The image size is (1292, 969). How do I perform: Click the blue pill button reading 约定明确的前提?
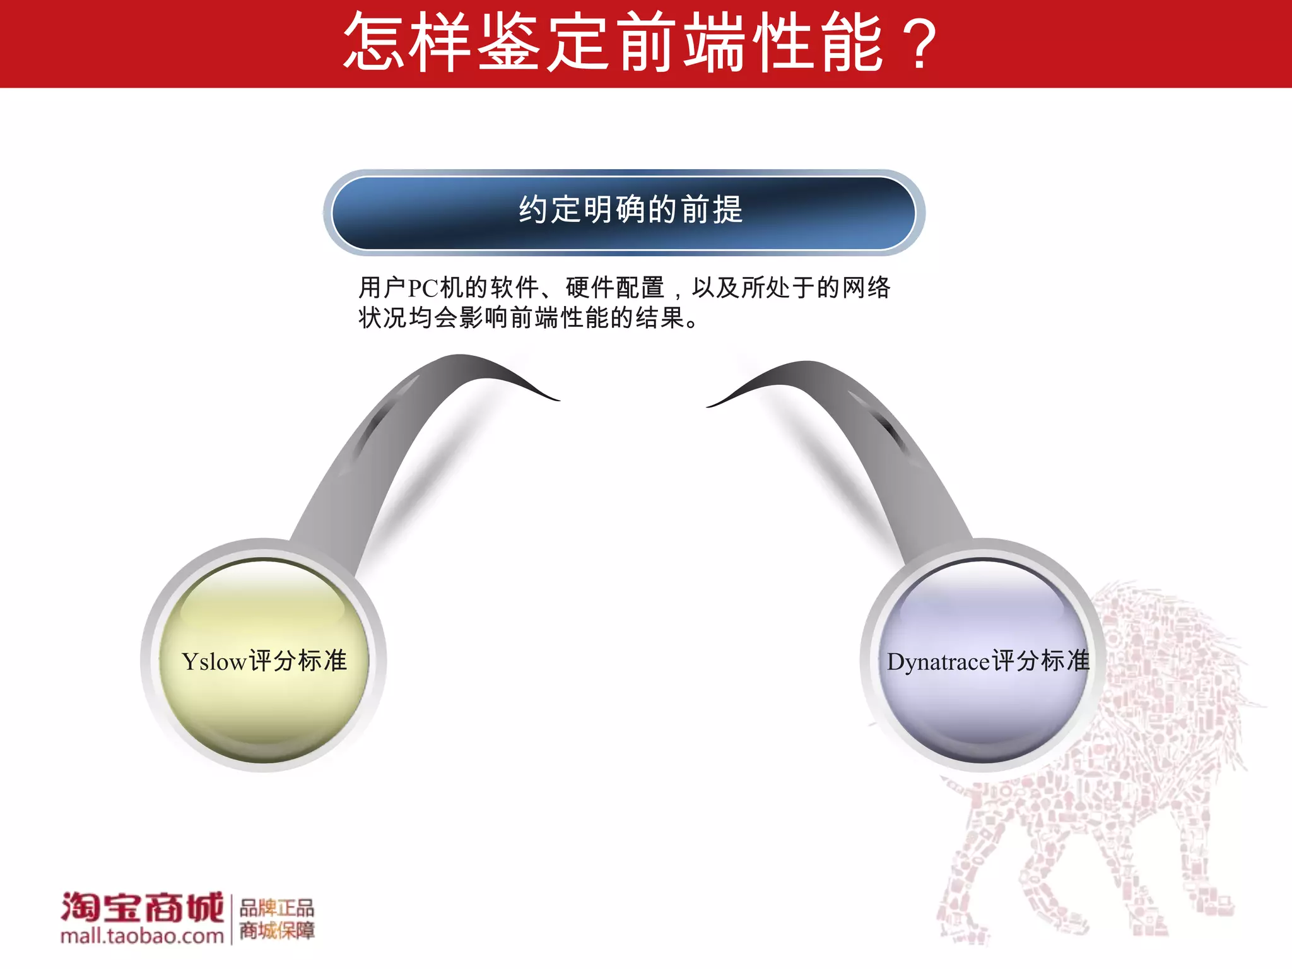pyautogui.click(x=625, y=212)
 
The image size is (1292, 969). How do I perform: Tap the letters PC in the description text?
pyautogui.click(x=423, y=288)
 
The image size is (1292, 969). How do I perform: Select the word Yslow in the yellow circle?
pyautogui.click(x=213, y=662)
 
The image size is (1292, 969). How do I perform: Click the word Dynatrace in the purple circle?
pyautogui.click(x=938, y=662)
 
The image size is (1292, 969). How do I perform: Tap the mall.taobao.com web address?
pyautogui.click(x=142, y=936)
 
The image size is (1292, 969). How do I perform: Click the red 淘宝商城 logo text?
pyautogui.click(x=142, y=907)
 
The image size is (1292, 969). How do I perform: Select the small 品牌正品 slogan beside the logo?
pyautogui.click(x=276, y=908)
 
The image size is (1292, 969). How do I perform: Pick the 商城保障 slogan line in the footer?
pyautogui.click(x=276, y=931)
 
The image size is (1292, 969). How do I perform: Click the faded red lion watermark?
pyautogui.click(x=1110, y=789)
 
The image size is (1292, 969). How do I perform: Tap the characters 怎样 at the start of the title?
pyautogui.click(x=407, y=43)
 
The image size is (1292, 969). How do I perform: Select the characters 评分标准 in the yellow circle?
pyautogui.click(x=298, y=661)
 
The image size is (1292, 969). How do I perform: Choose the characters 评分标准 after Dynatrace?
pyautogui.click(x=1041, y=661)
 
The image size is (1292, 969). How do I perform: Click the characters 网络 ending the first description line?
pyautogui.click(x=866, y=288)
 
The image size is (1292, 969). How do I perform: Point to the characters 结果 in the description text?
pyautogui.click(x=661, y=317)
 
